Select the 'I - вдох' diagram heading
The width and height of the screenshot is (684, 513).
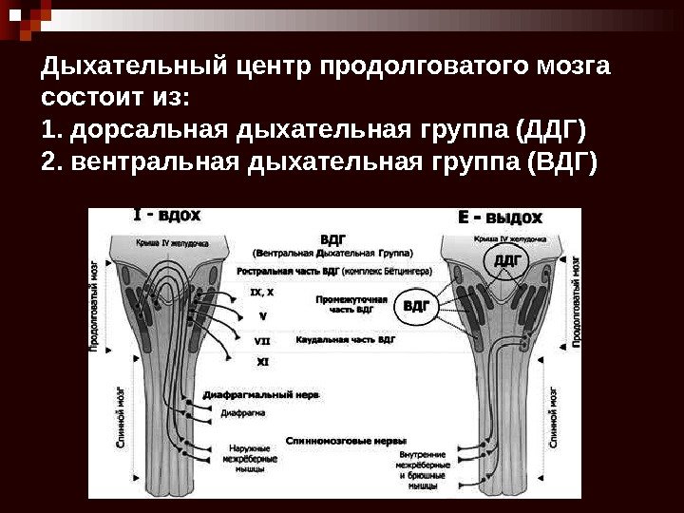tap(166, 216)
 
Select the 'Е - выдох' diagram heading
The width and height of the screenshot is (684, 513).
tap(501, 218)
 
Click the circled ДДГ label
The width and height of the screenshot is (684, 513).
tap(508, 258)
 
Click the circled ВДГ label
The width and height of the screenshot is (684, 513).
tap(417, 306)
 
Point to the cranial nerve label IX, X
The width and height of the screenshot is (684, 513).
tap(262, 293)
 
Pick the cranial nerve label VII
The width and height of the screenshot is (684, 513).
tap(262, 339)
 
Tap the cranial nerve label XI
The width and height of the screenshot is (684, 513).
tap(262, 361)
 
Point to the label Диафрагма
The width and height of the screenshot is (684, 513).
tap(243, 412)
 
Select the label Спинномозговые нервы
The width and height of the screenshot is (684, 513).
tap(348, 441)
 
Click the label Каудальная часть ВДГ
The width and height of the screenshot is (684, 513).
tap(346, 339)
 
